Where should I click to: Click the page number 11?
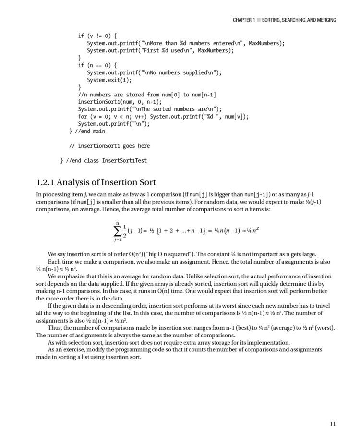point(333,423)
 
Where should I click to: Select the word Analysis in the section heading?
point(80,183)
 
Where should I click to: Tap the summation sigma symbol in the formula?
point(117,231)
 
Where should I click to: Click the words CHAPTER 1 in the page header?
point(243,20)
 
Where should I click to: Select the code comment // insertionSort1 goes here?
point(109,146)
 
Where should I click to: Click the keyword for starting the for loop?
point(83,117)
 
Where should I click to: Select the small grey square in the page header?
point(258,20)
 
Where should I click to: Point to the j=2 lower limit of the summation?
point(117,240)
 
